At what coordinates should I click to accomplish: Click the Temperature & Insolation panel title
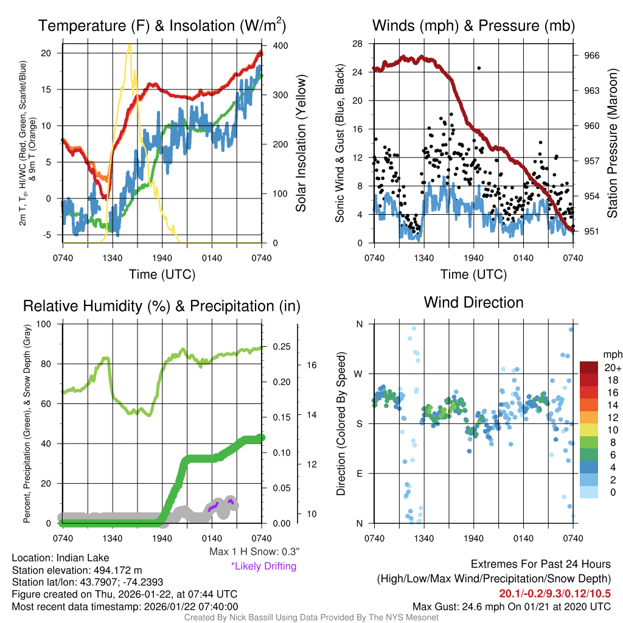[x=162, y=26]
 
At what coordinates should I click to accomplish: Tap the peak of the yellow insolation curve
[x=128, y=46]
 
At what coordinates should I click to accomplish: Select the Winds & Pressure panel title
[x=473, y=26]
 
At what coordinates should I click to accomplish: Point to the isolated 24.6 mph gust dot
[x=479, y=68]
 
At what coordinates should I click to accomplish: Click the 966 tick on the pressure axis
[x=592, y=55]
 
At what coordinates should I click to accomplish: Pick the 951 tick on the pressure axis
[x=592, y=231]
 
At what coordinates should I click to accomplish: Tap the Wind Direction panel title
[x=473, y=302]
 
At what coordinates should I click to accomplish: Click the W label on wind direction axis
[x=359, y=374]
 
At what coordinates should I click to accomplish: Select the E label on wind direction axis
[x=360, y=473]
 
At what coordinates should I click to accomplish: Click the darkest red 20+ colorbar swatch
[x=590, y=367]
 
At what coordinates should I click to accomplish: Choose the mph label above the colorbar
[x=611, y=354]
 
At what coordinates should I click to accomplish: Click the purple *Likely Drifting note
[x=263, y=566]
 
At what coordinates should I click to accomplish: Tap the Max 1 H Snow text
[x=253, y=552]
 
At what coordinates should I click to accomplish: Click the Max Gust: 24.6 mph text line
[x=511, y=606]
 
